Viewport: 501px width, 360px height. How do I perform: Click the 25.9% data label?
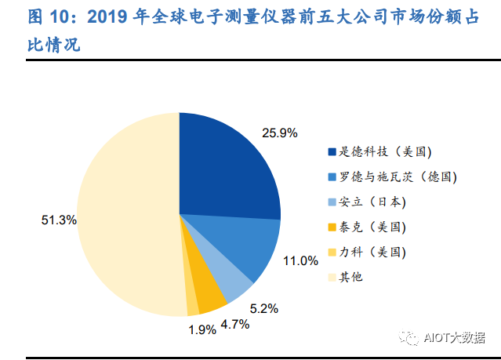280,133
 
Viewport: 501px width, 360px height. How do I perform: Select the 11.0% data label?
300,260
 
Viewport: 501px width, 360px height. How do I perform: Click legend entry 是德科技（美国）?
379,151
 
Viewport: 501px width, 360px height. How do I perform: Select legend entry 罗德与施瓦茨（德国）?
392,176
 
